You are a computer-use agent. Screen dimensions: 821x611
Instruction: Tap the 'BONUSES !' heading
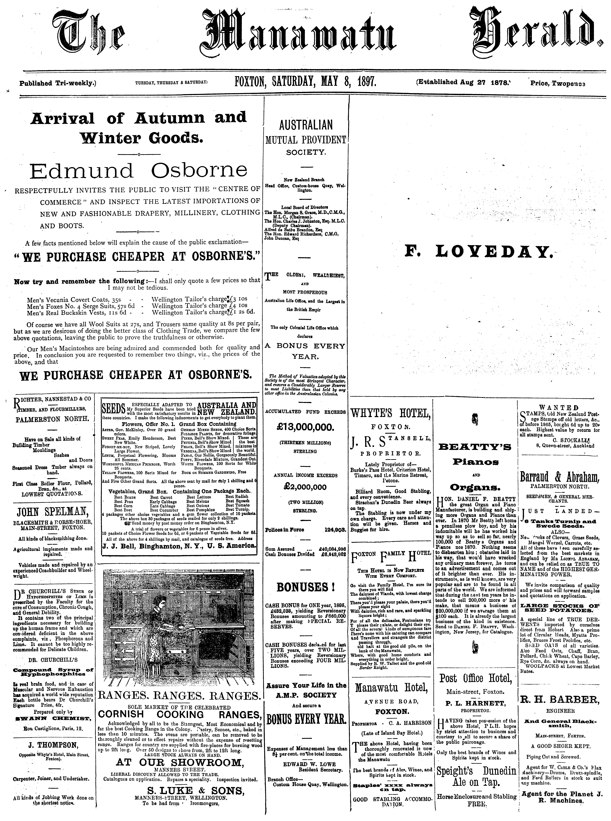[305, 587]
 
